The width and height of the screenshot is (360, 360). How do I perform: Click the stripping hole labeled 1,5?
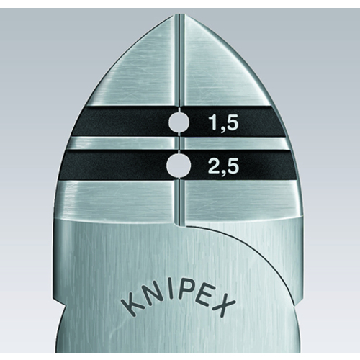(x=179, y=122)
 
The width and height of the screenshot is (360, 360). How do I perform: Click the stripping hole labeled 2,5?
(x=179, y=165)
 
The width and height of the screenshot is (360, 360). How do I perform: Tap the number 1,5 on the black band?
(x=224, y=122)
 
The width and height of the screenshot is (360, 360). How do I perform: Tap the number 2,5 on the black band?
(x=224, y=166)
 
